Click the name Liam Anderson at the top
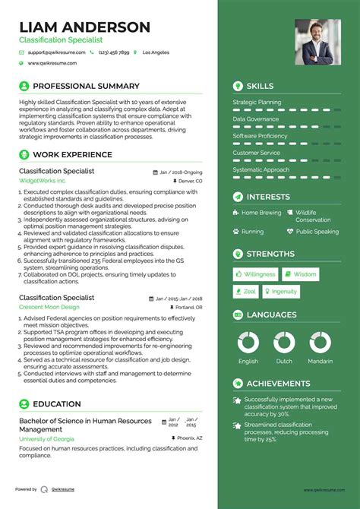tap(84, 27)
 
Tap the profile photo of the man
tap(317, 42)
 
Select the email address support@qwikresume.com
tap(55, 52)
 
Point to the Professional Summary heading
tap(86, 86)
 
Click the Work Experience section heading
tap(72, 155)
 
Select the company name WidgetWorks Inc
tap(43, 182)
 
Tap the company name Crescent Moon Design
tap(49, 286)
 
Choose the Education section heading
tap(57, 404)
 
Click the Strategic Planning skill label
tap(257, 102)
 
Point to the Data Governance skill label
tap(255, 119)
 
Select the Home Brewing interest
tap(261, 213)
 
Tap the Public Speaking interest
tap(317, 232)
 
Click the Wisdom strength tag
tap(302, 274)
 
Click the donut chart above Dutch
tap(284, 341)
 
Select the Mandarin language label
tap(320, 362)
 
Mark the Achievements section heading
tap(278, 384)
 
